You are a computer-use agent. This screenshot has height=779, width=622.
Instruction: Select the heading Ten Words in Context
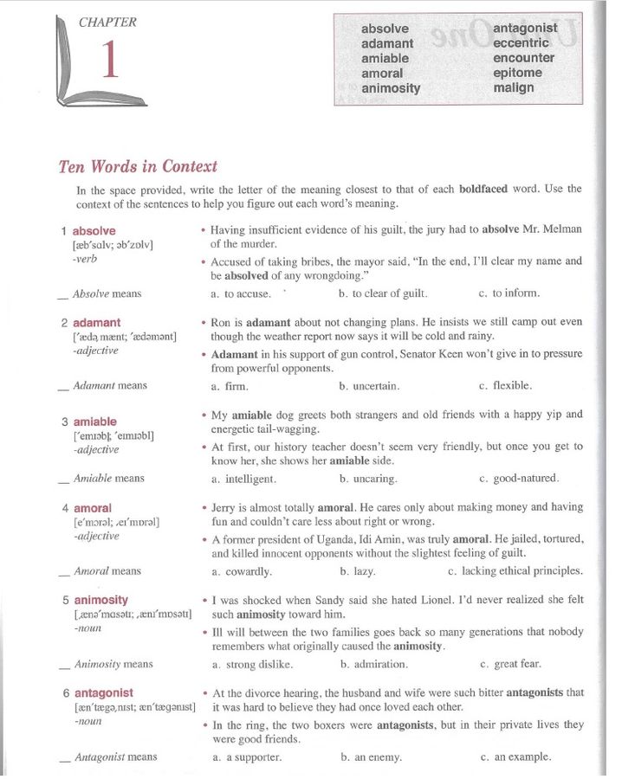click(138, 166)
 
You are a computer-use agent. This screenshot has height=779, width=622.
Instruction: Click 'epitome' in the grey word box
click(517, 73)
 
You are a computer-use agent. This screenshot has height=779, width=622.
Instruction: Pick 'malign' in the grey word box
click(514, 87)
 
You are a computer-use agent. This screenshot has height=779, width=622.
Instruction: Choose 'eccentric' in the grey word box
click(521, 42)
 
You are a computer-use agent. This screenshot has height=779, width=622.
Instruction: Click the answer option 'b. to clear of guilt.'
click(383, 293)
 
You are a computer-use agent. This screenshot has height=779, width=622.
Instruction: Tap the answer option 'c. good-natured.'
click(519, 479)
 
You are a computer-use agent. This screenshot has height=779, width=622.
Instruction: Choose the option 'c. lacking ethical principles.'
click(515, 571)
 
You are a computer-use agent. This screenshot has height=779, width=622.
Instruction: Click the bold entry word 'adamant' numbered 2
click(96, 323)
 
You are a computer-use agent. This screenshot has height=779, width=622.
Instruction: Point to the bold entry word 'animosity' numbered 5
click(100, 600)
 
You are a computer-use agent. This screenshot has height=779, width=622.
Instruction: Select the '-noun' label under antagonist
click(88, 721)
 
